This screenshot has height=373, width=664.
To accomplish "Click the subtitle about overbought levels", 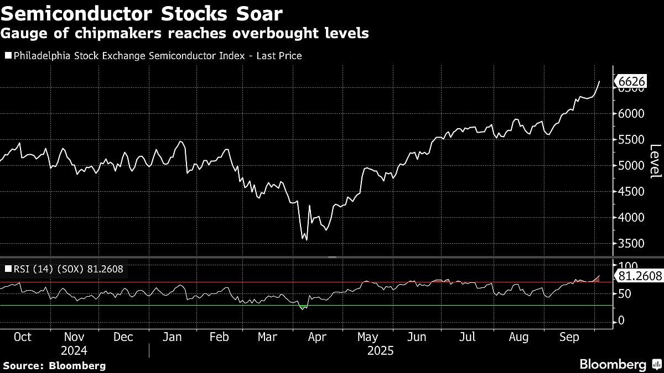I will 184,34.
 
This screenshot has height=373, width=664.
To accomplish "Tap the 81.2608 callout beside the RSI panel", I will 639,276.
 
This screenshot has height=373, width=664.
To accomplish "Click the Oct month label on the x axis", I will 22,337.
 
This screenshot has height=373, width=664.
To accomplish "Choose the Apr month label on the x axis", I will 317,337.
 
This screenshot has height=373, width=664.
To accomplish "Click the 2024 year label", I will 74,350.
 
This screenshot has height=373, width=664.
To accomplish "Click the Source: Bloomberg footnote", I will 54,366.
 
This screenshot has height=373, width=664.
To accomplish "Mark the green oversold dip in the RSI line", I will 302,306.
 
